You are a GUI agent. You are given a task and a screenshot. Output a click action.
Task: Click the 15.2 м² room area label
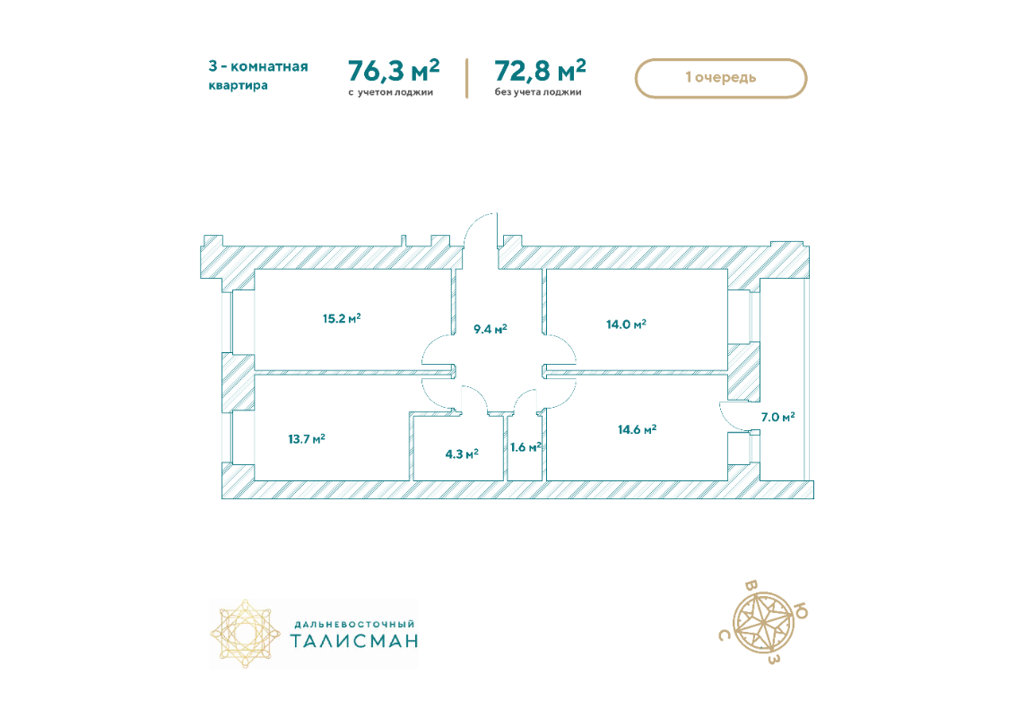342,319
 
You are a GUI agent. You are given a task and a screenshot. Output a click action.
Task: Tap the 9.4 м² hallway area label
490,329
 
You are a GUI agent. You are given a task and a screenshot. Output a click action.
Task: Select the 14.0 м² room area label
626,324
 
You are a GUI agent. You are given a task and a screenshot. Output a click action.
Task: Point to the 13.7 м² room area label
307,439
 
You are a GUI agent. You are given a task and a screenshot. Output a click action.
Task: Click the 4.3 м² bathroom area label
461,454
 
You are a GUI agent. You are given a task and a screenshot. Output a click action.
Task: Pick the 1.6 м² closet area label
525,447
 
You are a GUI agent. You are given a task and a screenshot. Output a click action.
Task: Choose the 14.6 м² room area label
637,429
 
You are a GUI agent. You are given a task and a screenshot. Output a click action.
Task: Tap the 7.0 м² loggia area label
777,417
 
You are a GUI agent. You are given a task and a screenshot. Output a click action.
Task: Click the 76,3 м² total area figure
394,70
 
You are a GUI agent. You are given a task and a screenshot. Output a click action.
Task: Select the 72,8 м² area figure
541,70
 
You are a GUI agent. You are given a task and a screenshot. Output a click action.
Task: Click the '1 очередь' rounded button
721,78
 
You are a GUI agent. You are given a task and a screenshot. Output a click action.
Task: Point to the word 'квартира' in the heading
238,85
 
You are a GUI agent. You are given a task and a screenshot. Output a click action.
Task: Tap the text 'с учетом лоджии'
391,92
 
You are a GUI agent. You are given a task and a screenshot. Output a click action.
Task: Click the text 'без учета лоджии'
538,92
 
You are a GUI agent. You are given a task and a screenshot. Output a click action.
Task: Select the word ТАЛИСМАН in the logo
354,641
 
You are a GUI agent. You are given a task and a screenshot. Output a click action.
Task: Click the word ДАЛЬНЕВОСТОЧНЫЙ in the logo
354,625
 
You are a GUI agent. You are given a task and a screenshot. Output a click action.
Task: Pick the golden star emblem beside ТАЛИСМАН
245,634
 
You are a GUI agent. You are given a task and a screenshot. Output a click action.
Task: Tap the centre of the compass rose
763,624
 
